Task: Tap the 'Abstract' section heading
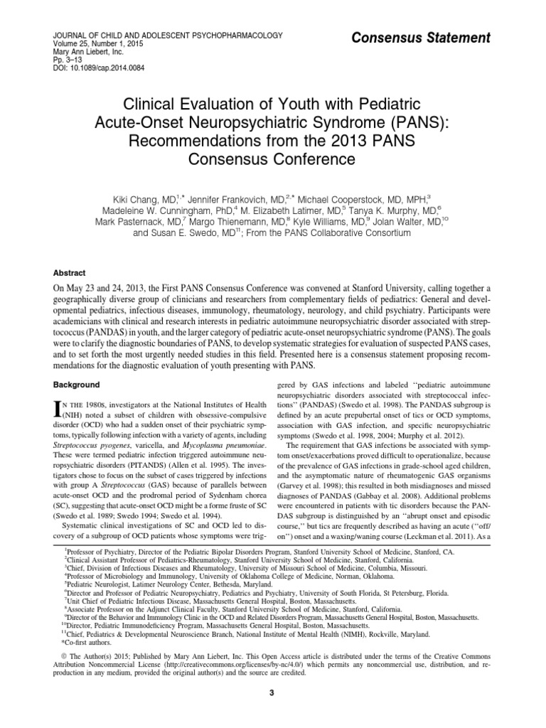[x=70, y=272]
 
